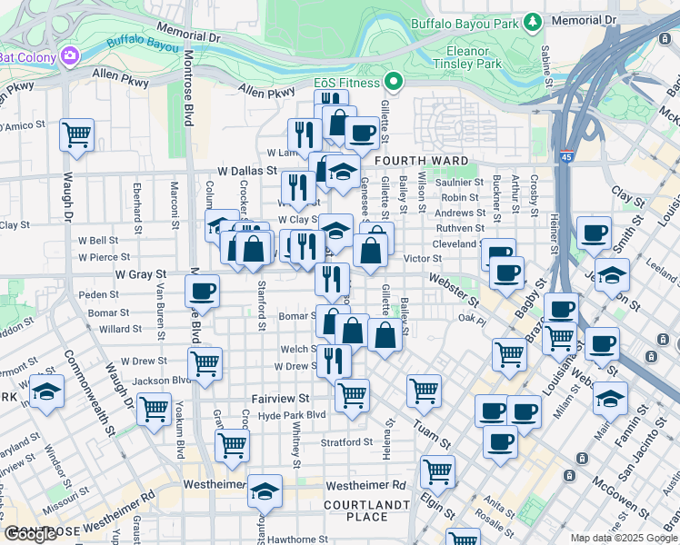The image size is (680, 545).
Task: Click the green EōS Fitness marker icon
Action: (394, 83)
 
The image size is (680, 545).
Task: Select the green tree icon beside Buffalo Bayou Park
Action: (533, 22)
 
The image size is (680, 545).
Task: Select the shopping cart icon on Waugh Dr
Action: (76, 135)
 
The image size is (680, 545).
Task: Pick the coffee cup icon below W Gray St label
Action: (202, 291)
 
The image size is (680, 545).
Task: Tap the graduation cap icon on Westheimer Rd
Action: (265, 490)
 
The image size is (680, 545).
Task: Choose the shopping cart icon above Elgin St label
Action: (437, 471)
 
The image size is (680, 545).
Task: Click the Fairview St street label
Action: (280, 398)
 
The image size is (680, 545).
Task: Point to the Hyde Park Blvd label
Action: (291, 415)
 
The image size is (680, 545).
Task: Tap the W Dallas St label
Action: (246, 170)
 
